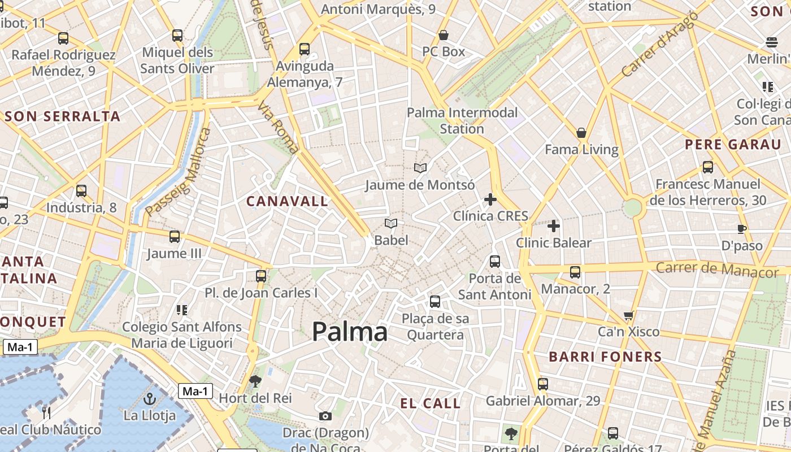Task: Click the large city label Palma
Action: tap(350, 332)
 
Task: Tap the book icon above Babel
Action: tap(391, 224)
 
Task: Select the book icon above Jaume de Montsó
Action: tap(420, 168)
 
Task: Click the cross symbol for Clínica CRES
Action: tap(490, 199)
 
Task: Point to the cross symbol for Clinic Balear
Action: tap(554, 226)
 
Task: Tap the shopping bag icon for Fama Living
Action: tap(581, 133)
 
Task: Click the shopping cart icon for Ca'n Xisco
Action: tap(628, 315)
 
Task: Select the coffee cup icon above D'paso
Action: tap(742, 229)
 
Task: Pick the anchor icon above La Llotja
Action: tap(150, 399)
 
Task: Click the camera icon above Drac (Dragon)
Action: tap(325, 416)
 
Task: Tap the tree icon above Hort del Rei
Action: tap(255, 381)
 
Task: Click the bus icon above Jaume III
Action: tap(175, 237)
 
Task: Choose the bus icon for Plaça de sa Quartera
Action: tap(435, 302)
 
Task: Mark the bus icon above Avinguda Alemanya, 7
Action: tap(305, 49)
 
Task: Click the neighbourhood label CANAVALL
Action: tap(287, 201)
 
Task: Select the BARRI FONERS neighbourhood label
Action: tap(605, 357)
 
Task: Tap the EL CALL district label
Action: tap(431, 403)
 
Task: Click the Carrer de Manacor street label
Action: tap(717, 269)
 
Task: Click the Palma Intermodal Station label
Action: tap(462, 120)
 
